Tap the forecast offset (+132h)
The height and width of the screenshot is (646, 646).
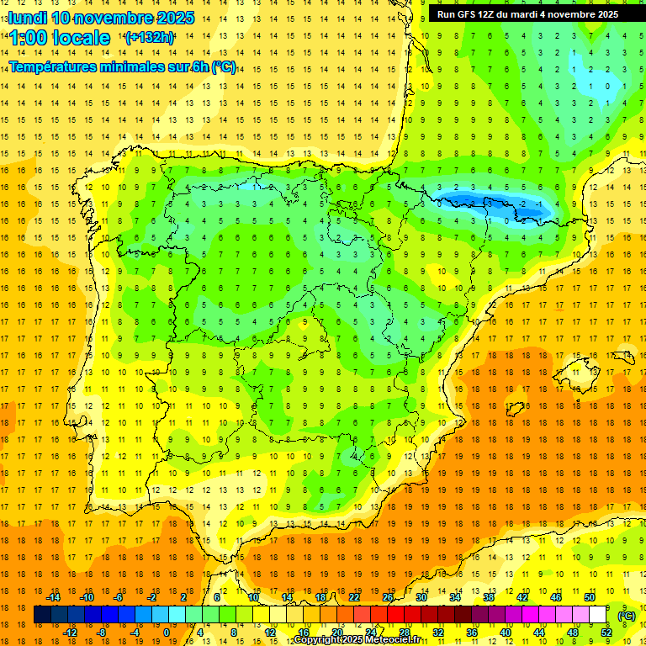coord(149,37)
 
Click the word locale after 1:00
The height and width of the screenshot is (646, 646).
coord(81,38)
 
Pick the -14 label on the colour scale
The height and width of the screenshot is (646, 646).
coord(54,597)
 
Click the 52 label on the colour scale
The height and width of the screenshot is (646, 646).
coord(606,633)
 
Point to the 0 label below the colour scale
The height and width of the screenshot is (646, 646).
coord(166,633)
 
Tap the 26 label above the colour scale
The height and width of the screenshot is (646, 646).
coord(388,597)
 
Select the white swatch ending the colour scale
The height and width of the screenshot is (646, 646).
coord(598,615)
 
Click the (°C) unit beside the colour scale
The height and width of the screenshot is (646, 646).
coord(627,616)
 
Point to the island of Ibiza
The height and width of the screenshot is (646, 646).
coord(516,410)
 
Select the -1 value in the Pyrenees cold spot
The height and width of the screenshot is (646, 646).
coord(538,204)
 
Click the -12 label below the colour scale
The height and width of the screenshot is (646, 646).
coord(71,633)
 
